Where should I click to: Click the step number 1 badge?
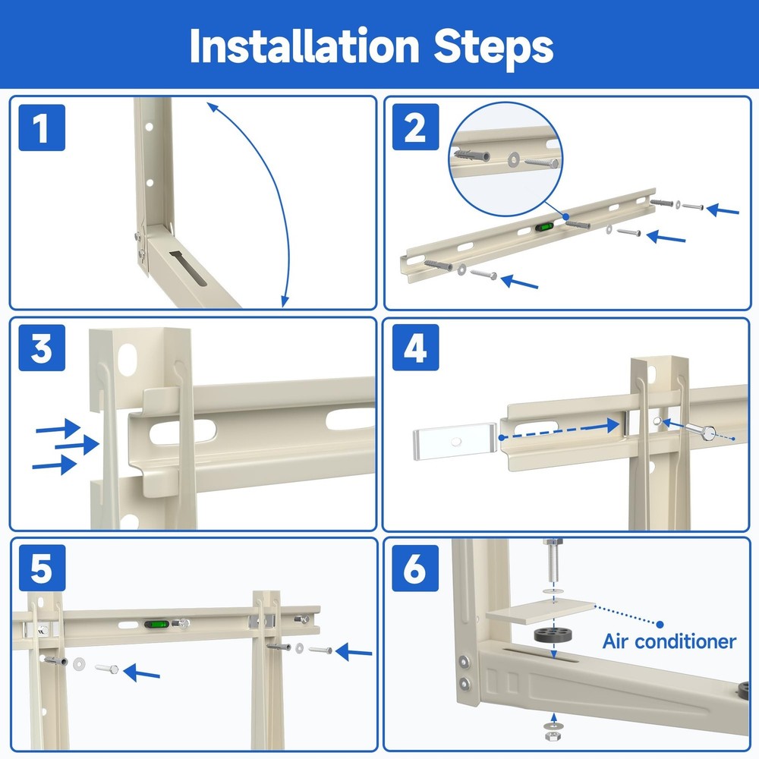click(x=41, y=127)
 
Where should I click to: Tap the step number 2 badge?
click(x=414, y=127)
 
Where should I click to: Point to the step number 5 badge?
click(x=41, y=572)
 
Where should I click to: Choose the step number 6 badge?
click(x=414, y=572)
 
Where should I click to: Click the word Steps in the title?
click(x=493, y=47)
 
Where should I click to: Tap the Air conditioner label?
click(x=669, y=641)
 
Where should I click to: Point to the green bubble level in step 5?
click(x=157, y=624)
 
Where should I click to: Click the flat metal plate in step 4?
click(x=454, y=441)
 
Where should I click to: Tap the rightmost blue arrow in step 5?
click(x=354, y=651)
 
